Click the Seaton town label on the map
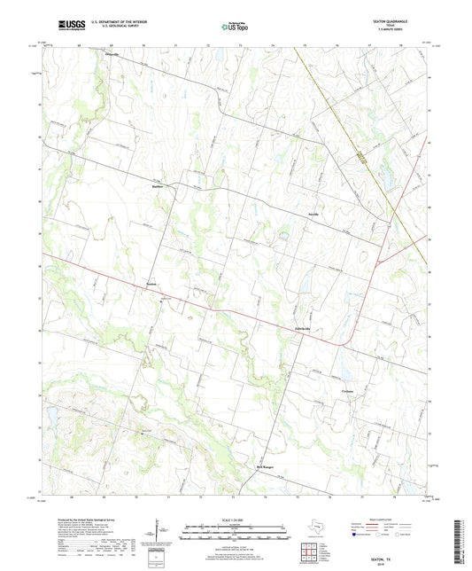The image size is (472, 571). [x=151, y=285]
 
